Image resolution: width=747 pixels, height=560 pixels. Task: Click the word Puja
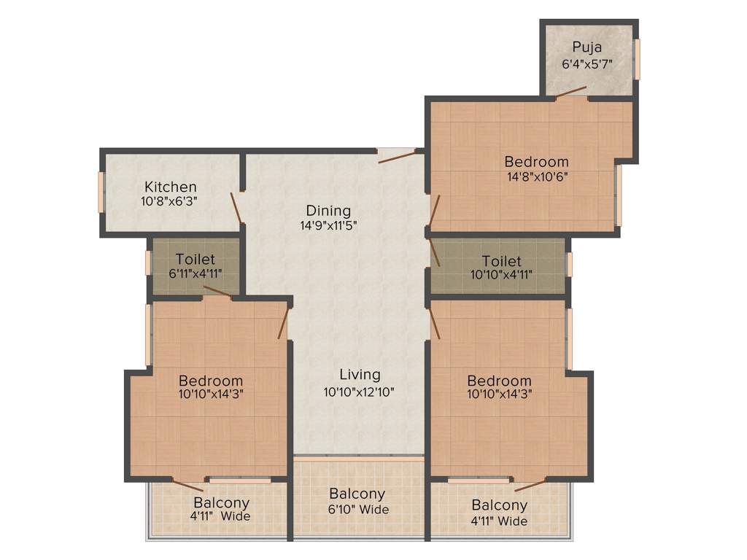pos(587,48)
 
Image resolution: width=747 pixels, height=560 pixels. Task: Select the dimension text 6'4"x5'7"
pos(587,64)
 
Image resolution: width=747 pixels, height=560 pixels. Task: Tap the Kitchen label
pos(170,187)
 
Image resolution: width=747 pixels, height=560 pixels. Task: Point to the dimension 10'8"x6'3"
pos(170,201)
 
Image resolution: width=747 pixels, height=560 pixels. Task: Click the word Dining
pos(328,211)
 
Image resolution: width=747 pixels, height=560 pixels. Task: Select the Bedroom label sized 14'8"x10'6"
pos(536,162)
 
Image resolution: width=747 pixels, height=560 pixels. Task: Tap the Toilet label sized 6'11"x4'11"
pos(196,260)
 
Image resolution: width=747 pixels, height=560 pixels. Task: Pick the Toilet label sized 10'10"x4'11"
pos(502,261)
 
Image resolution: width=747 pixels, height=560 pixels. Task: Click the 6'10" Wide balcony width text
pos(357,510)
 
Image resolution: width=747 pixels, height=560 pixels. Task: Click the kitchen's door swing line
pos(236,208)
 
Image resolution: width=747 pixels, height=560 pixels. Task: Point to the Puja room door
pos(571,92)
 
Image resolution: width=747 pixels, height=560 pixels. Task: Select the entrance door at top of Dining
pos(397,155)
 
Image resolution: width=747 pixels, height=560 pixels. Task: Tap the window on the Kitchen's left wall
pos(101,192)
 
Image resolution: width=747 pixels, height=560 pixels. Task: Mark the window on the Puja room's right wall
pos(637,59)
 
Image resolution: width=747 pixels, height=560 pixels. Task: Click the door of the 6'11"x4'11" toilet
pos(217,292)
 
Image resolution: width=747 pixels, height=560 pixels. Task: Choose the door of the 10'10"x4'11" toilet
pos(435,253)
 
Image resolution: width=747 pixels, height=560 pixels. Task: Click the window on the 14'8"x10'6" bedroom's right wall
pos(619,195)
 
